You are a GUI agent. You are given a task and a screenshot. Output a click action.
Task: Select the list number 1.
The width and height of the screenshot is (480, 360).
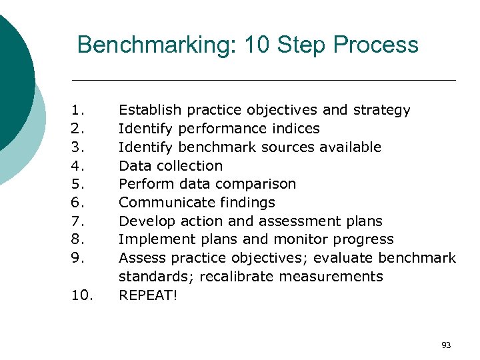pyautogui.click(x=77, y=110)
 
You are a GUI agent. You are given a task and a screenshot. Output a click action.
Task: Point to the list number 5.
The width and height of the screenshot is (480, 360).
pyautogui.click(x=77, y=184)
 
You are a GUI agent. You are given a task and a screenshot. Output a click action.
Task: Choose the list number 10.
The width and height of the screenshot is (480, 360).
pyautogui.click(x=81, y=295)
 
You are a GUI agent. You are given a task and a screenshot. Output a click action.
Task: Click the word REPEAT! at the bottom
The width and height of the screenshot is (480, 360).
pyautogui.click(x=148, y=295)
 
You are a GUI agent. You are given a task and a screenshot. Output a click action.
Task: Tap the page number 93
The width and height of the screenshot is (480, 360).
pyautogui.click(x=446, y=345)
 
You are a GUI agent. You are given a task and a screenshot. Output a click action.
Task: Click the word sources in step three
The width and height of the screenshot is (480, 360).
pyautogui.click(x=286, y=147)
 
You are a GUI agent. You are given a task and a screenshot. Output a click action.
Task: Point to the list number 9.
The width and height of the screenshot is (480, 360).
pyautogui.click(x=77, y=258)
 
